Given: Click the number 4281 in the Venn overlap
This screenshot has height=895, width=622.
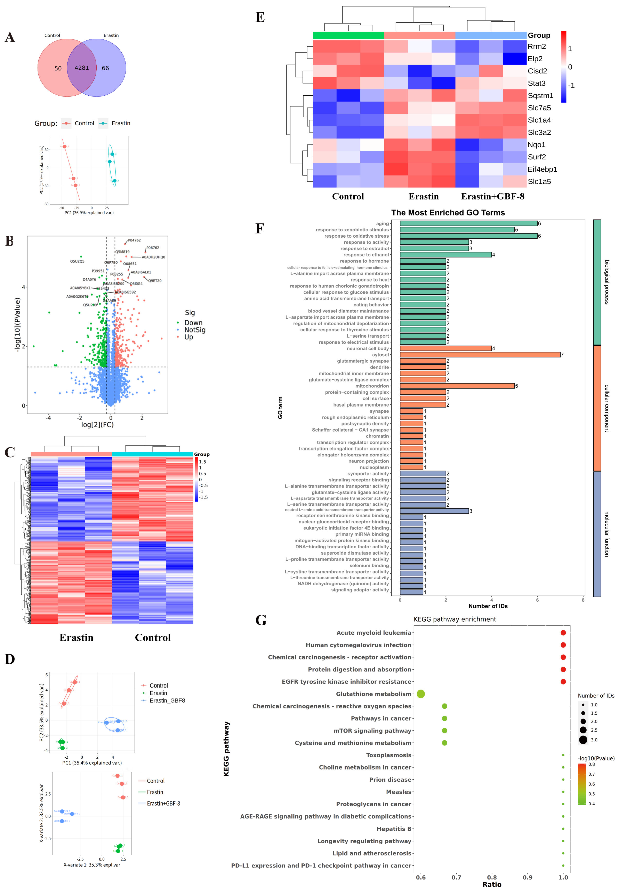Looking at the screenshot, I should [82, 68].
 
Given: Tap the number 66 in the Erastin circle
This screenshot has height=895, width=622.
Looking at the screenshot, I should [105, 68].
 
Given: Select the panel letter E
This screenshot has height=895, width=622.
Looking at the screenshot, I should [260, 17].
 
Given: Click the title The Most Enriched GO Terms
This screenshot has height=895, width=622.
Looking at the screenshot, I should [448, 213].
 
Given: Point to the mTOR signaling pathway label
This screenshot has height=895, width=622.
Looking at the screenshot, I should [372, 731].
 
